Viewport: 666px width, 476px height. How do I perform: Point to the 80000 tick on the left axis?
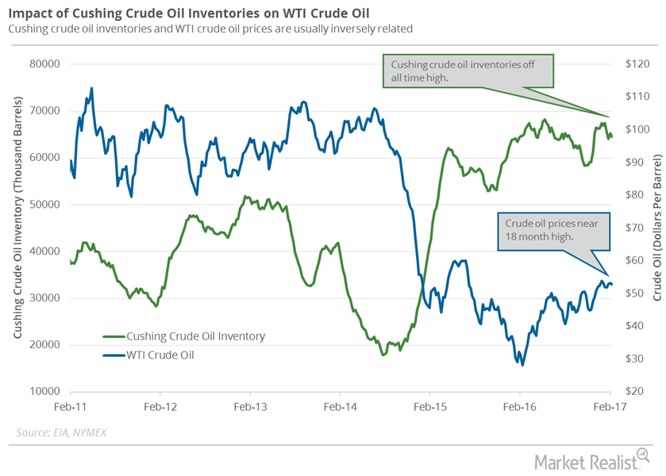click(x=47, y=63)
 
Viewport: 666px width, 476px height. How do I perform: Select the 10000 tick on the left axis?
click(x=47, y=392)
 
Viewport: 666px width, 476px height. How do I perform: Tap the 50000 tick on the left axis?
click(x=47, y=204)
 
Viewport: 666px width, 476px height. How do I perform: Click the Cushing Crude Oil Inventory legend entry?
click(x=194, y=336)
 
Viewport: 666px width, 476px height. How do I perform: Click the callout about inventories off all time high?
click(x=467, y=70)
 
